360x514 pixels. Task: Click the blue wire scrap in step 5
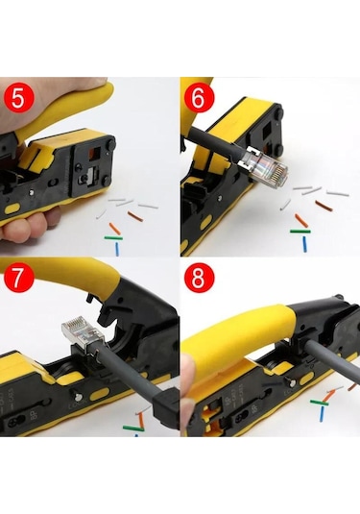click(x=117, y=247)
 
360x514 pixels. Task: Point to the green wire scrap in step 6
click(x=300, y=231)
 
